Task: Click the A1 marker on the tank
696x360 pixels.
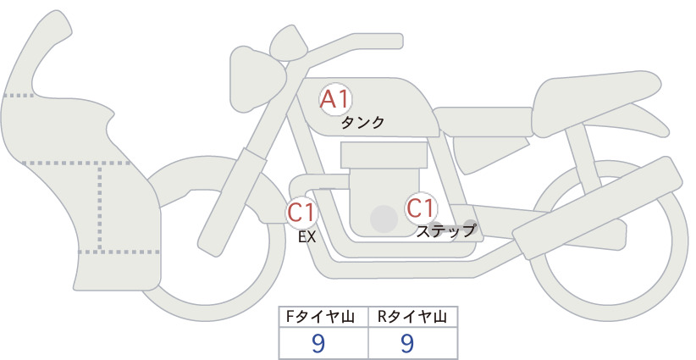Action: click(x=335, y=99)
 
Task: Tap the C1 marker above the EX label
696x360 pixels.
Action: click(x=301, y=212)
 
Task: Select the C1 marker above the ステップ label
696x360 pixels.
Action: click(x=421, y=208)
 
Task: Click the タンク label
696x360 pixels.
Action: click(x=362, y=123)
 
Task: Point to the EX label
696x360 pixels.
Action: click(x=307, y=237)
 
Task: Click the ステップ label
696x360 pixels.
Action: click(x=445, y=231)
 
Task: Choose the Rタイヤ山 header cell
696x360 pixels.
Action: click(x=413, y=317)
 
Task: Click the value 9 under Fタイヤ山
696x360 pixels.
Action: click(x=318, y=343)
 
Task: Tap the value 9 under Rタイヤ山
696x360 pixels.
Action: click(x=407, y=343)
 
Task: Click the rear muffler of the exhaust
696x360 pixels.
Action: click(x=597, y=207)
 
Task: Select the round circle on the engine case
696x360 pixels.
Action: click(x=384, y=219)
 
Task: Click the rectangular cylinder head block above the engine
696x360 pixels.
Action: click(x=384, y=155)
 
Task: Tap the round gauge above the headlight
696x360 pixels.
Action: click(x=289, y=47)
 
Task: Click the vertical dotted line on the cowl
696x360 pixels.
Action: click(x=100, y=207)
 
